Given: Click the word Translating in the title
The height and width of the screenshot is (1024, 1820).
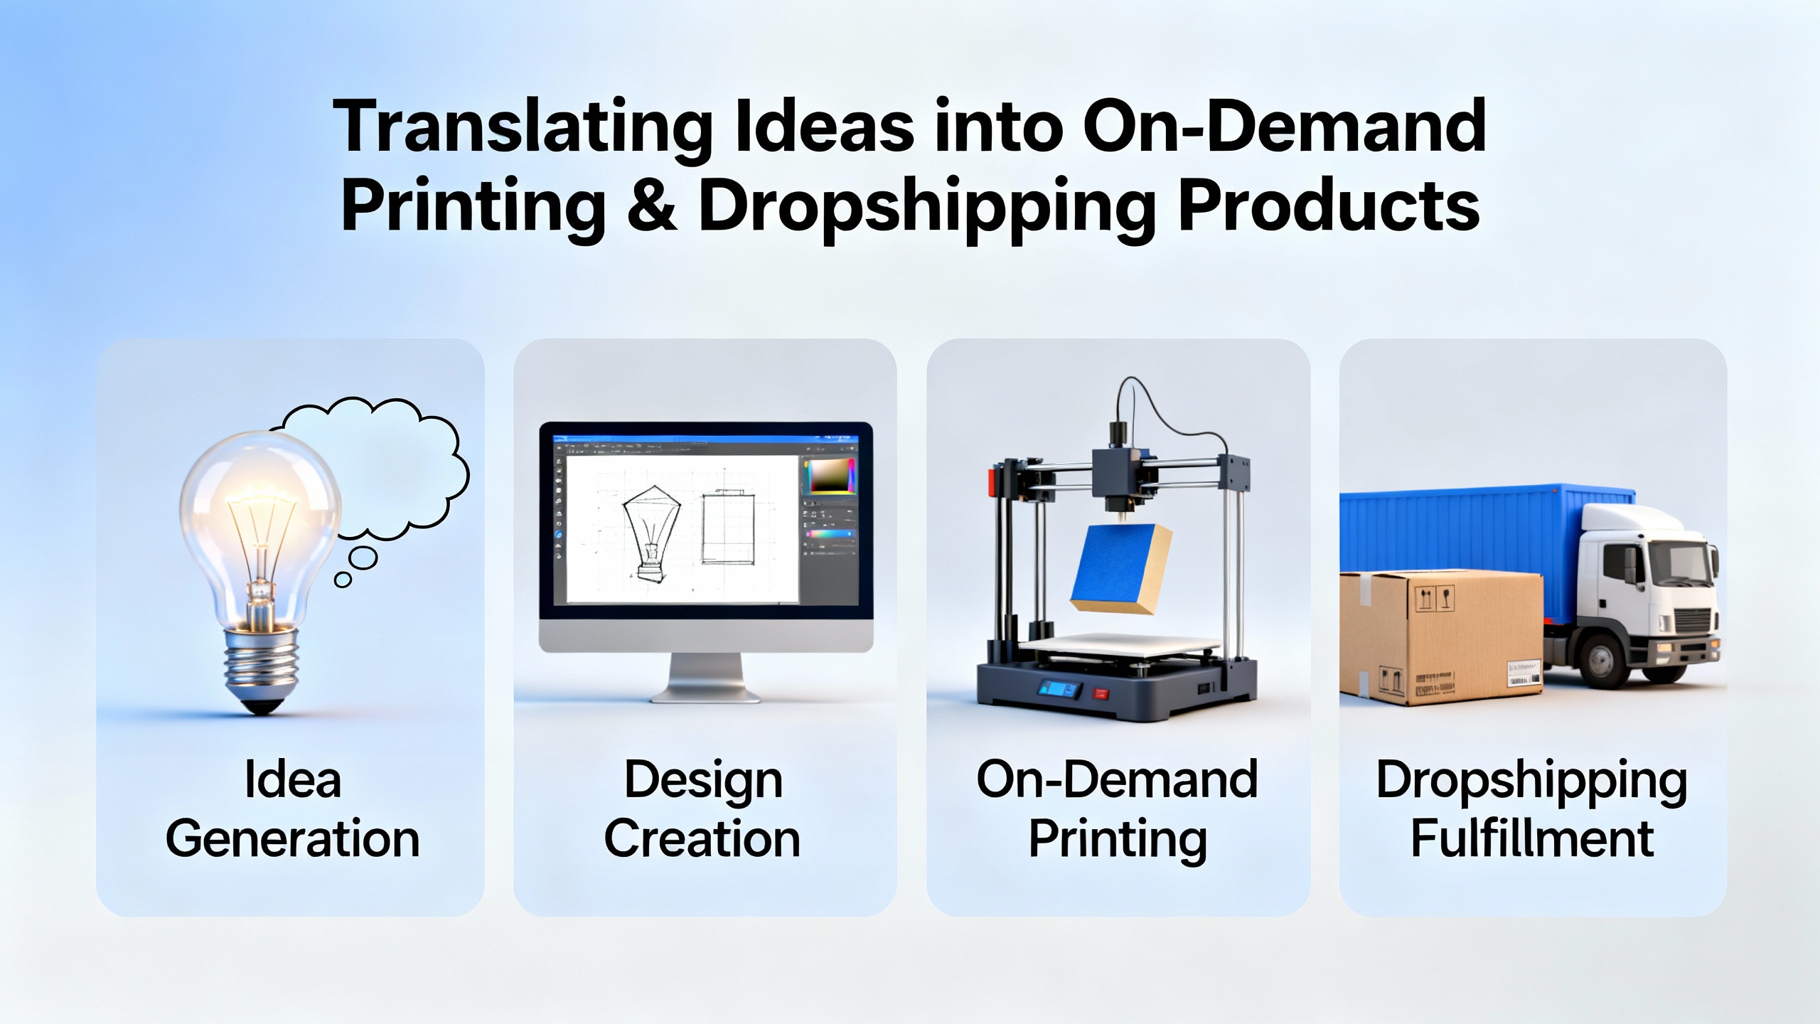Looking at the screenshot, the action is [x=523, y=128].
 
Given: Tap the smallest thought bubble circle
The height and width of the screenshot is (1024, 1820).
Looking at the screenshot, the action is [x=343, y=580].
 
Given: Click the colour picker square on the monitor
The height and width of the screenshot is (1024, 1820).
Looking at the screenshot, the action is [x=829, y=476].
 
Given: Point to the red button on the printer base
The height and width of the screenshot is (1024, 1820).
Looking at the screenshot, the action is [x=1100, y=693].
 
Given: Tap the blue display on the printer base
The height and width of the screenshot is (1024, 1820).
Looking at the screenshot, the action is [x=1060, y=688].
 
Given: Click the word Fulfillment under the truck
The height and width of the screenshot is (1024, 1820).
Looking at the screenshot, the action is [x=1532, y=839].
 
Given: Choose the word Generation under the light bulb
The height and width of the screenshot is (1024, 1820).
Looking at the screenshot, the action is [x=292, y=839].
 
